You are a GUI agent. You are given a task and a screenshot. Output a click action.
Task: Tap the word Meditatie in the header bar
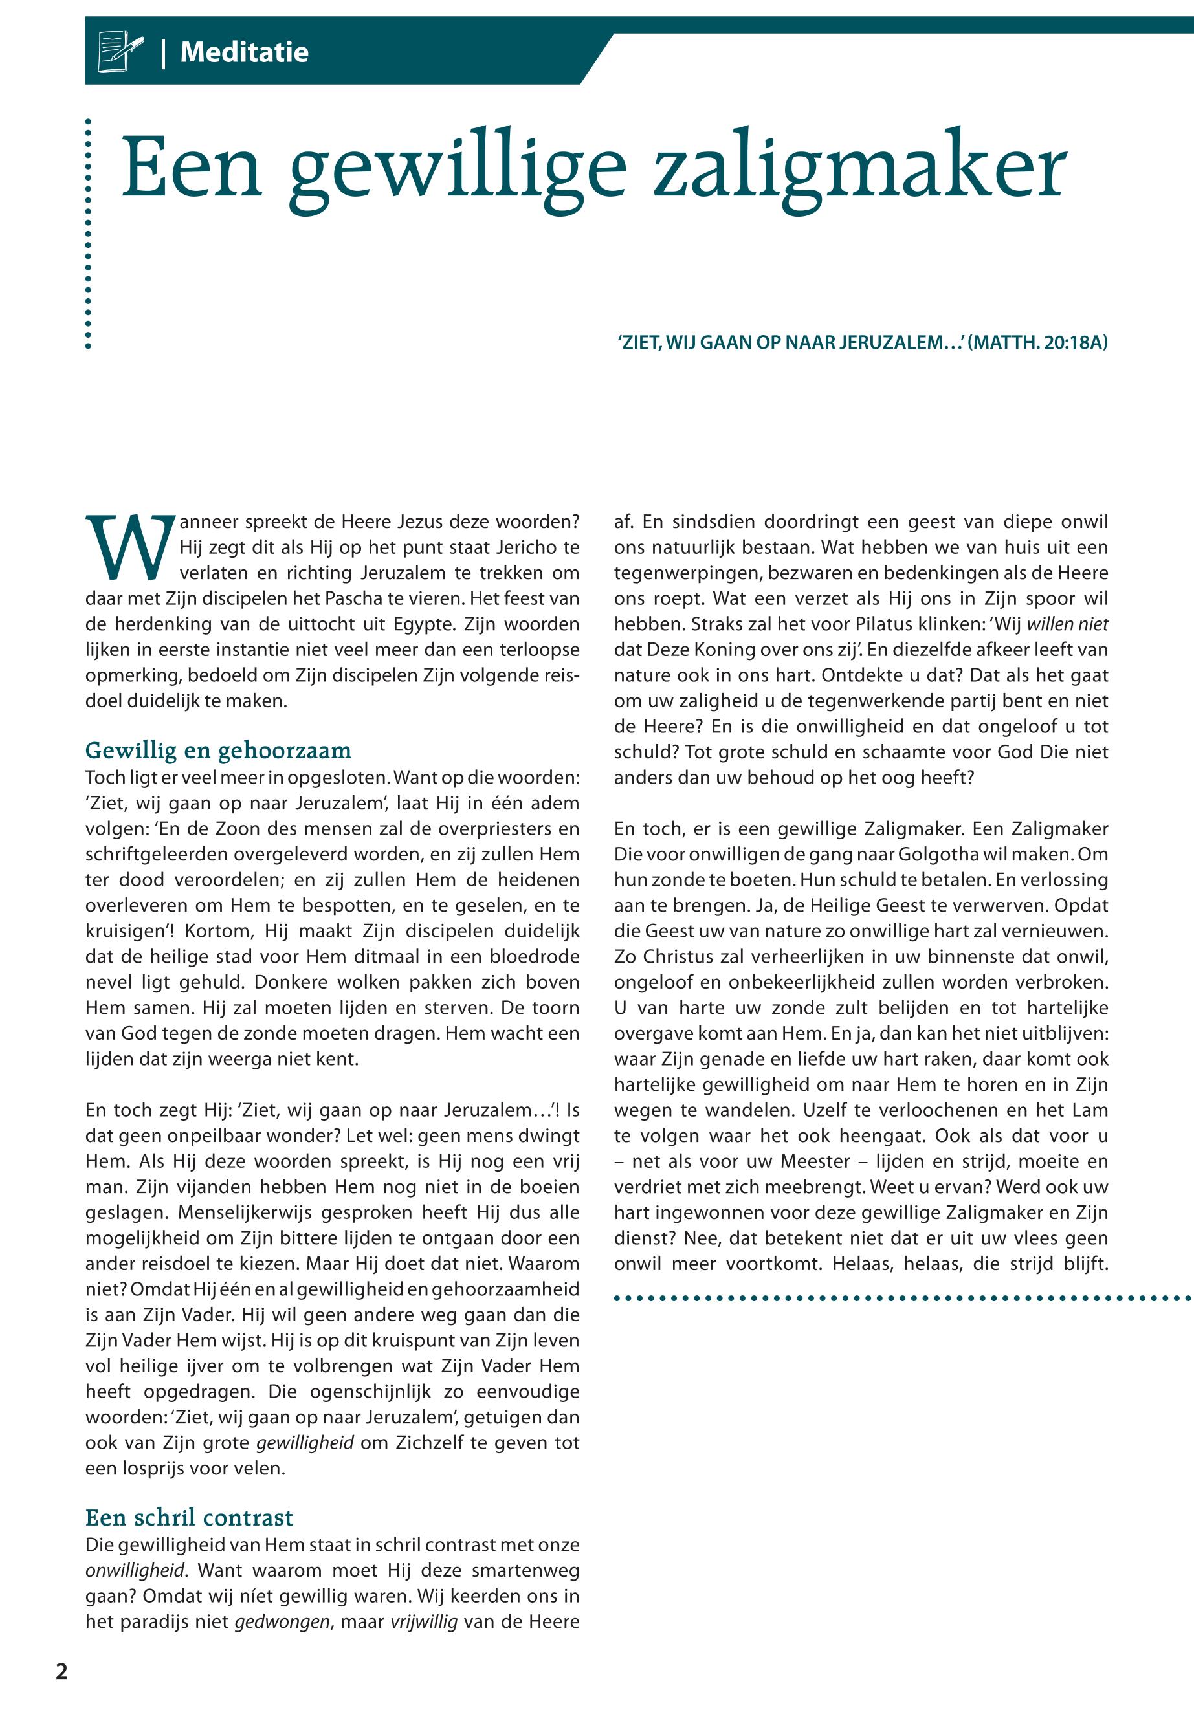coord(244,52)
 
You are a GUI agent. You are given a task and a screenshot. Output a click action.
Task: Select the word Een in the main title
coord(192,168)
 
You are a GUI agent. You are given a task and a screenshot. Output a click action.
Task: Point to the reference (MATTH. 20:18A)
coord(1037,344)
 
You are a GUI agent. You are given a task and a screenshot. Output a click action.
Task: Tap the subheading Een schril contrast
coord(189,1518)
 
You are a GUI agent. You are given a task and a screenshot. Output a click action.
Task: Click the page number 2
coord(61,1672)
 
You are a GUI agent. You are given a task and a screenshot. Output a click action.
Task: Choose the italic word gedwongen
coord(282,1622)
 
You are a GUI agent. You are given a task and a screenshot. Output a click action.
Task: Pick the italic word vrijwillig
coord(423,1622)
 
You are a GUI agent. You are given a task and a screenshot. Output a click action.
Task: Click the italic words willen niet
coord(1068,624)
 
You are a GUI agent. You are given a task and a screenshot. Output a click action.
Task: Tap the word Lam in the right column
coord(1090,1110)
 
